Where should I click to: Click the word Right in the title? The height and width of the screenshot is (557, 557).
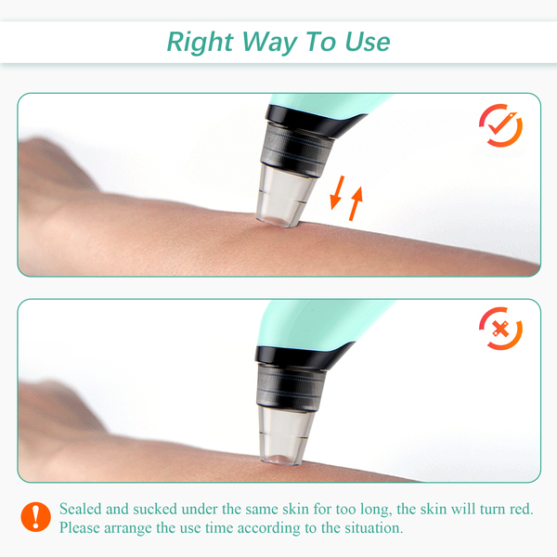[200, 43]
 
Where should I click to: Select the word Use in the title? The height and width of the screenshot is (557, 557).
[368, 42]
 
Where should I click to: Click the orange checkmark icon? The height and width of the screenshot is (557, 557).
[500, 125]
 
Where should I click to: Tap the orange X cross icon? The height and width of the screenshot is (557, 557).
[500, 329]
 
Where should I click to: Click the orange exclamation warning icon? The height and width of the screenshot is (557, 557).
[35, 517]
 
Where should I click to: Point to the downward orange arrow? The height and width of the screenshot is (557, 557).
[337, 192]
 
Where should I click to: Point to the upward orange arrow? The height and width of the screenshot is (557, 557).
[356, 203]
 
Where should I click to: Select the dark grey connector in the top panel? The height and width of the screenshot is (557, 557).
[296, 149]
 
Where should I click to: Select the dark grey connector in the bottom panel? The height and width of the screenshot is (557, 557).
[291, 387]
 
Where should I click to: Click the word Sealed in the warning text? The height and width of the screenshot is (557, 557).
[81, 509]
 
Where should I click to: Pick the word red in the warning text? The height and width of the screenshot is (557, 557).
[522, 509]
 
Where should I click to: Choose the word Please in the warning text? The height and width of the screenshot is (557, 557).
[80, 528]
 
